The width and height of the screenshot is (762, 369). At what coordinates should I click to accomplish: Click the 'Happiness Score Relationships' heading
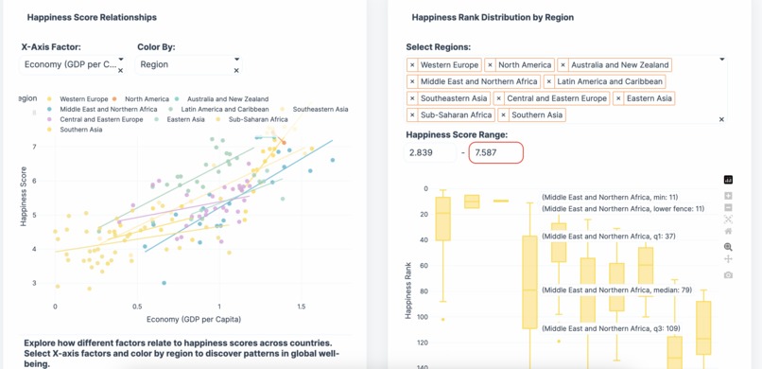[x=92, y=17]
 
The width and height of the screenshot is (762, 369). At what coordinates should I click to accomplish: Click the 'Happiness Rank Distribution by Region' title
[x=493, y=17]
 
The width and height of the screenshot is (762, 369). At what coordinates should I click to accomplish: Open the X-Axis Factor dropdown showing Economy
[x=72, y=64]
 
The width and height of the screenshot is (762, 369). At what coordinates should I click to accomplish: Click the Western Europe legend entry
[x=83, y=98]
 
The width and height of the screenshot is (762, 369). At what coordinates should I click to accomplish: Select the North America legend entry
[x=146, y=98]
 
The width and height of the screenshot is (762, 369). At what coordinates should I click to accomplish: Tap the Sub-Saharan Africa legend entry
[x=257, y=119]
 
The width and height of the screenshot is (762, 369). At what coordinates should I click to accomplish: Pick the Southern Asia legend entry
[x=81, y=130]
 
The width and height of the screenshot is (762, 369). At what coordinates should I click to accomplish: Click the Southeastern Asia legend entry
[x=320, y=109]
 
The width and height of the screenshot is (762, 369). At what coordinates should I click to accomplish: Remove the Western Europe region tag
[x=412, y=65]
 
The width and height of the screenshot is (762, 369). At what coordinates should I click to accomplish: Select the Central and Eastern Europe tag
[x=557, y=98]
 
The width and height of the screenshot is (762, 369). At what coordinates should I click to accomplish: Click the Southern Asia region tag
[x=537, y=115]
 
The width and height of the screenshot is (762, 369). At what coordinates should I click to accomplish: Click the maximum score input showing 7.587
[x=495, y=152]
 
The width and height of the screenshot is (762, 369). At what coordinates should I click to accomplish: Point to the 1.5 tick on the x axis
[x=301, y=307]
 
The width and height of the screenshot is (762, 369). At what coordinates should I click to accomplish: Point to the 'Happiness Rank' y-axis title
[x=408, y=292]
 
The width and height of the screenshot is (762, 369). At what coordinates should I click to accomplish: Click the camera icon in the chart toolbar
[x=728, y=275]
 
